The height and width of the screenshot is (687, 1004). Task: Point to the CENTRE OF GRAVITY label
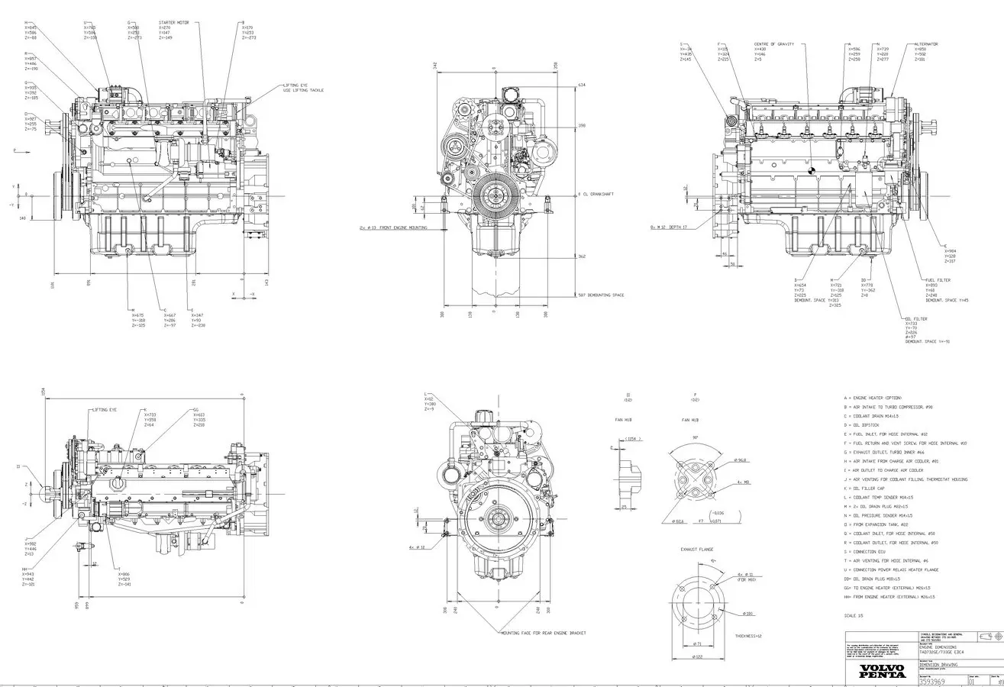[x=773, y=44]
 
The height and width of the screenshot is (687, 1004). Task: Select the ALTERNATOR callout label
[x=926, y=44]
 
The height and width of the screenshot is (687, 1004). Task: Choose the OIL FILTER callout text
[x=915, y=319]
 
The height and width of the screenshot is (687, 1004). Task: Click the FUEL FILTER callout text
[x=938, y=280]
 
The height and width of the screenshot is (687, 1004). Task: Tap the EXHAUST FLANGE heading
[x=697, y=549]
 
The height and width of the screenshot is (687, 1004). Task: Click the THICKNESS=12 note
[x=748, y=636]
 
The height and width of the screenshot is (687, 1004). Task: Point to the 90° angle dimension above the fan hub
[x=696, y=437]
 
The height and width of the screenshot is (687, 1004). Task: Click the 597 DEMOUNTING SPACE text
[x=601, y=295]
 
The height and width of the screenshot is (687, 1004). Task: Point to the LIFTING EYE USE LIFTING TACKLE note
[x=303, y=88]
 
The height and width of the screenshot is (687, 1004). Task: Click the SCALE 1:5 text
[x=854, y=615]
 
